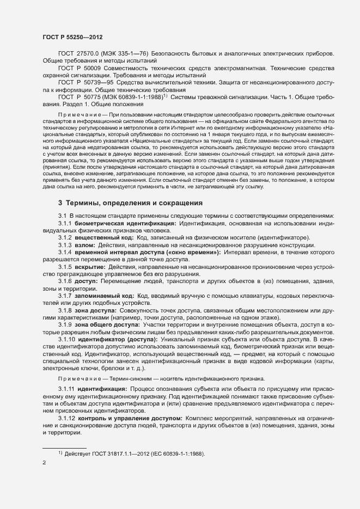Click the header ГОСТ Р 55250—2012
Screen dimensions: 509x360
(72, 36)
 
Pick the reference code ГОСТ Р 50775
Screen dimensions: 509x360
(79, 96)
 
